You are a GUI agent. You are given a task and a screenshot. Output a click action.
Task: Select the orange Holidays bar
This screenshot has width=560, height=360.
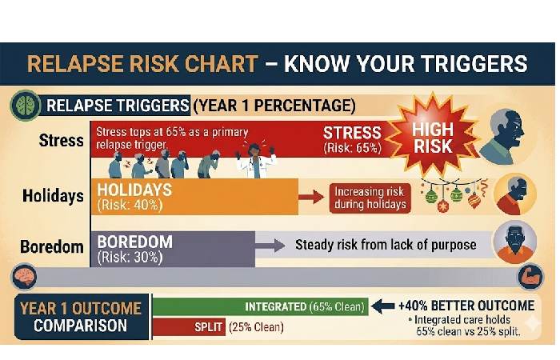click(192, 196)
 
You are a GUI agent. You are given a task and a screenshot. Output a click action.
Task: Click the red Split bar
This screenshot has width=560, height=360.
click(188, 326)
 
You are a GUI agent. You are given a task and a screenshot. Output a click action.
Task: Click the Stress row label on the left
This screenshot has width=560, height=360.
click(61, 141)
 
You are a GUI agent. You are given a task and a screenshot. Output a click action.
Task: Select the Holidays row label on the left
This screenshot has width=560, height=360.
click(54, 196)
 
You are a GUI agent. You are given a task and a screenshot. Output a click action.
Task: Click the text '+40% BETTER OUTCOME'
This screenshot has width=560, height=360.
click(468, 305)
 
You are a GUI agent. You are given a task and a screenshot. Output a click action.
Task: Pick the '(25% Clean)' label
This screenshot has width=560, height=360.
click(256, 326)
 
